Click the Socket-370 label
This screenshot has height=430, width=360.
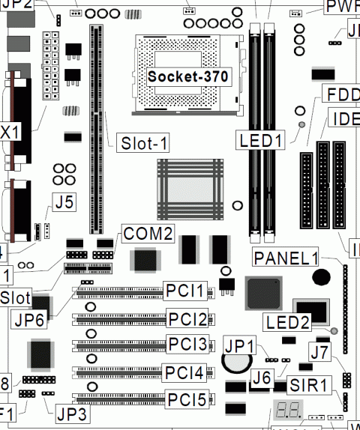pos(187,76)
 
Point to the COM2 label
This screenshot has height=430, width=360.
pos(148,234)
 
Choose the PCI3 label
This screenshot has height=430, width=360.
pos(187,345)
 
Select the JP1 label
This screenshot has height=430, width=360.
pos(240,346)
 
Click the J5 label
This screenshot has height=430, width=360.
pos(63,201)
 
